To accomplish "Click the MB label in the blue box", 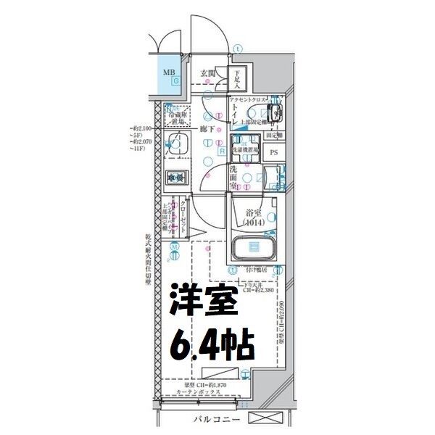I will [x=167, y=72].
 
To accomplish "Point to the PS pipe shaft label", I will [x=274, y=153].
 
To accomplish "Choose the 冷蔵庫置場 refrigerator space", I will [x=177, y=116].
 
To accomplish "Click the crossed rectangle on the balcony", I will [x=269, y=420].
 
